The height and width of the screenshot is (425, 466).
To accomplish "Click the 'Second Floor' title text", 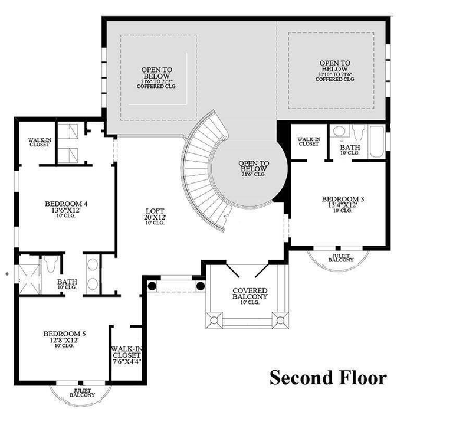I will tap(328, 377).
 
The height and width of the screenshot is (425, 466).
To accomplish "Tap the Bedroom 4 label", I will tap(70, 204).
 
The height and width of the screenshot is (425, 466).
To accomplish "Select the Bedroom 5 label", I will tap(65, 334).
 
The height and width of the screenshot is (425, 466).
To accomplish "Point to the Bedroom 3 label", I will tap(342, 198).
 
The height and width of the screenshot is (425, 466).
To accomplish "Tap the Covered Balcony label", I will tap(250, 293).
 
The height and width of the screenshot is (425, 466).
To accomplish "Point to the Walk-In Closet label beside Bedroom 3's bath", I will tap(309, 141).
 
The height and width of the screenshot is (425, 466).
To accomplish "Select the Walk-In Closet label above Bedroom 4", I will tap(38, 142).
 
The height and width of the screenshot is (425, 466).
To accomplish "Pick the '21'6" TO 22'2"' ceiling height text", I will tap(156, 80).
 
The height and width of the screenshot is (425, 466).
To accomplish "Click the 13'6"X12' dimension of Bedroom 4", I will tap(70, 212).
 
